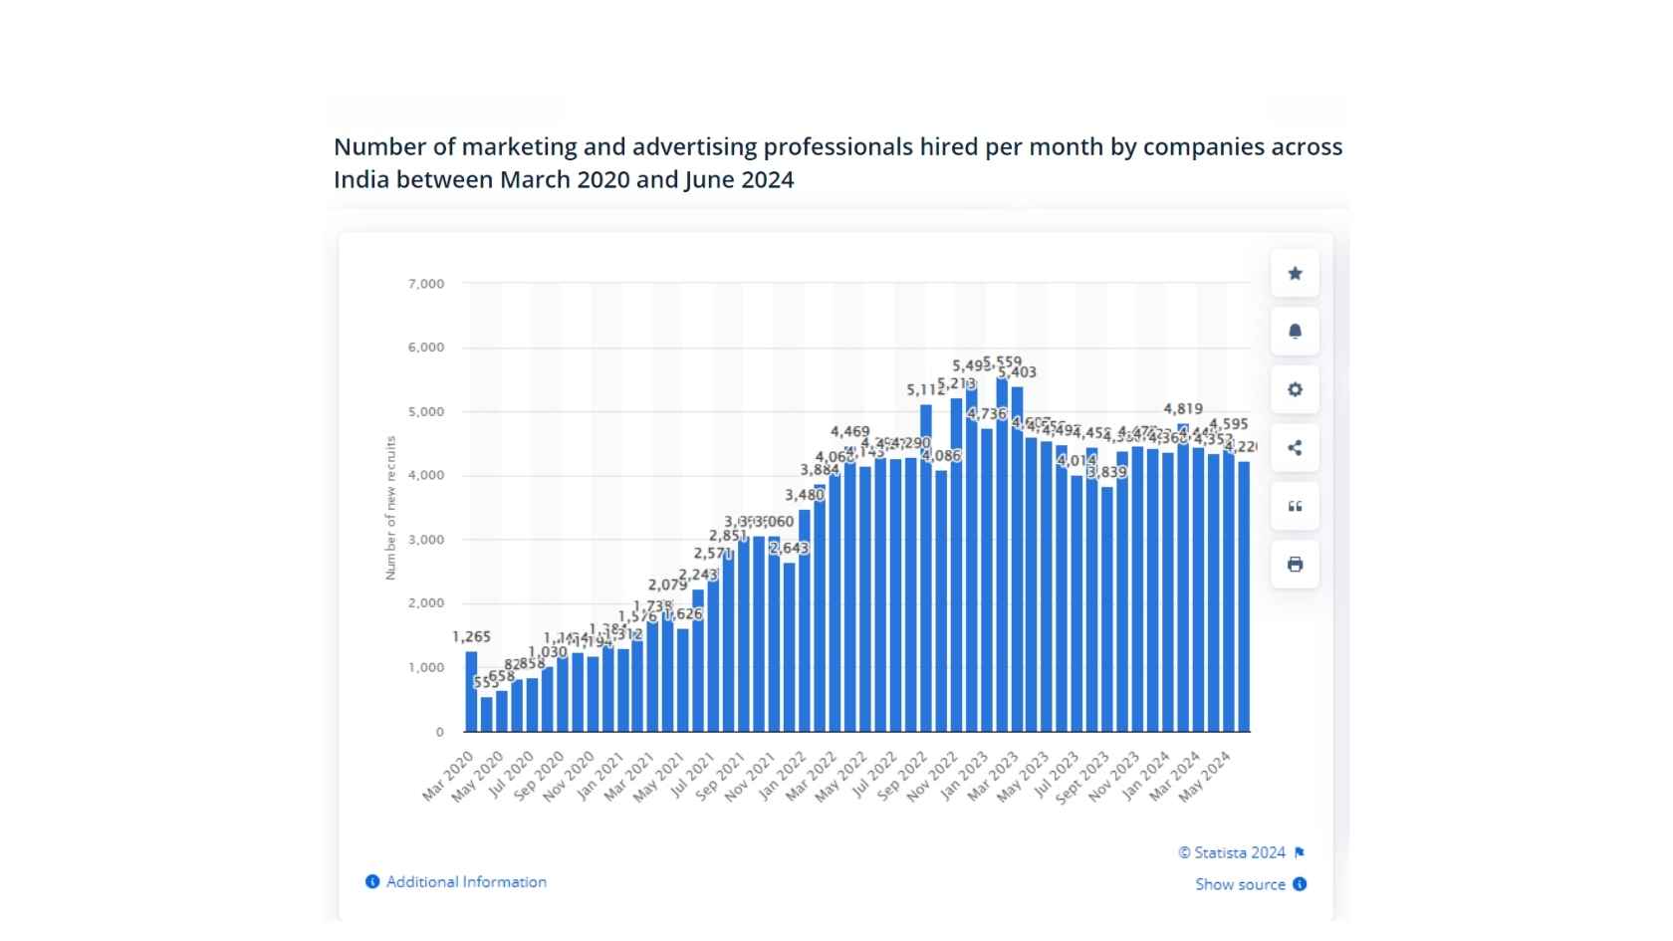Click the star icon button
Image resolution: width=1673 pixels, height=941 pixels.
[1295, 274]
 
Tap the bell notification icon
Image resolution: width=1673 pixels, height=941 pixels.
[1295, 332]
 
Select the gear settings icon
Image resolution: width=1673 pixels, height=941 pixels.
[1295, 389]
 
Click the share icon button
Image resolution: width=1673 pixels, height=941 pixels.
[1295, 448]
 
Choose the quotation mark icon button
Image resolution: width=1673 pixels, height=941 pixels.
[1295, 506]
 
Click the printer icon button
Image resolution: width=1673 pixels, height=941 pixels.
[1295, 565]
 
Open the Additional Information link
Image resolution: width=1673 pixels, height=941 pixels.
[466, 882]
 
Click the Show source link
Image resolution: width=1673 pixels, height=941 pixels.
[1240, 884]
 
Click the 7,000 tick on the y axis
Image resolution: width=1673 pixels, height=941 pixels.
[426, 284]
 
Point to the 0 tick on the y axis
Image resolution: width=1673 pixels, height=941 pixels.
[439, 732]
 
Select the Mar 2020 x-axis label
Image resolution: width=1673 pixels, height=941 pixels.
[449, 777]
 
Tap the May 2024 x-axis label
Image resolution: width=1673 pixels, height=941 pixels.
[1206, 777]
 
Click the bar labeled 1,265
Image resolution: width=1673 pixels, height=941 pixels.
[471, 692]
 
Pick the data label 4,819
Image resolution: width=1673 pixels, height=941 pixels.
[1183, 409]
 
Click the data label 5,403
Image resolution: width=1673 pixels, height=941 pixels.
[1018, 372]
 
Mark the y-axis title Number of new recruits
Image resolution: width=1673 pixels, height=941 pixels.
[390, 508]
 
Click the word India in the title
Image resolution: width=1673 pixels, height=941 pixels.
[361, 180]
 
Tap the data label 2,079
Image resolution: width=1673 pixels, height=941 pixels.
[667, 586]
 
